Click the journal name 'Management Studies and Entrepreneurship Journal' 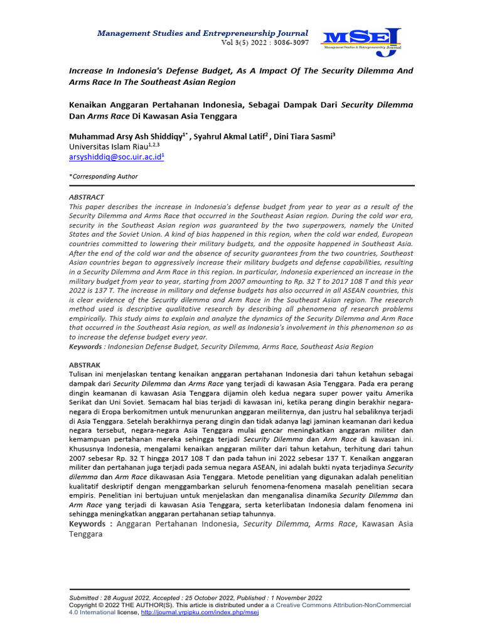click(x=202, y=33)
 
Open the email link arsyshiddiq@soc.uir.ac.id click(x=115, y=156)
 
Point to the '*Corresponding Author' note click(x=103, y=176)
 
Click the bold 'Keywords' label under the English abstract click(x=85, y=347)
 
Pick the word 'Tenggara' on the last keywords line click(x=85, y=534)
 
